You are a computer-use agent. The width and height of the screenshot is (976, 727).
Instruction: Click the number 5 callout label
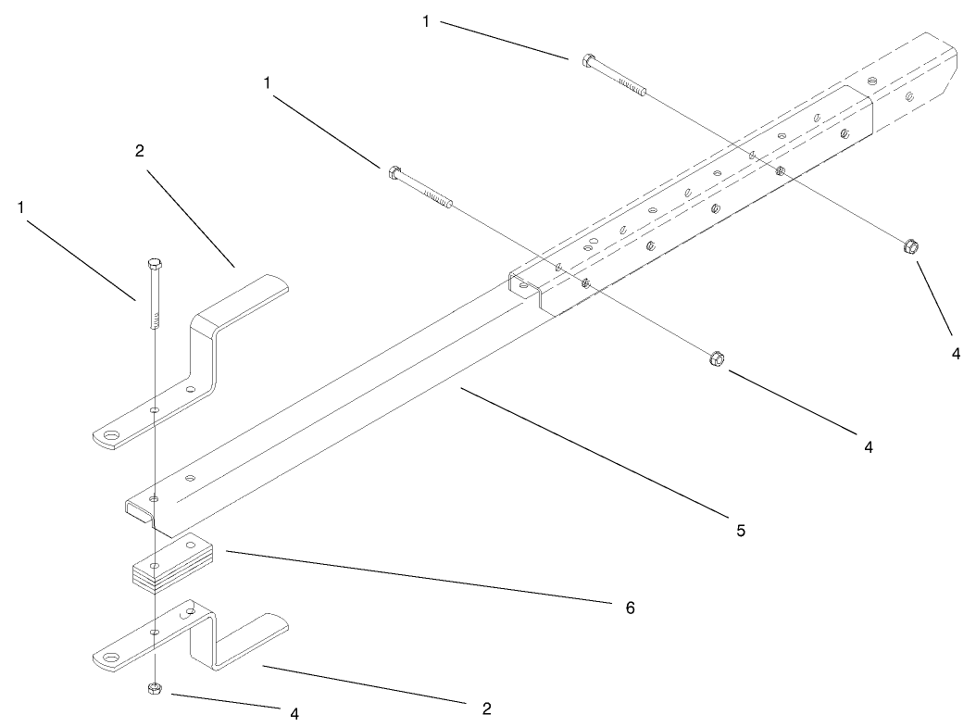(x=740, y=531)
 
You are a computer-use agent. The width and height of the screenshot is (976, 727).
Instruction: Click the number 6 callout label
(x=629, y=608)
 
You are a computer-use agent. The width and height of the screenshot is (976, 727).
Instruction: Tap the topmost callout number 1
(x=426, y=21)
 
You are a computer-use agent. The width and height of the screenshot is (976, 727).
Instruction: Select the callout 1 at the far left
(x=20, y=208)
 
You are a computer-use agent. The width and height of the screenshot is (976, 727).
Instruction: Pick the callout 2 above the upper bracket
(x=140, y=151)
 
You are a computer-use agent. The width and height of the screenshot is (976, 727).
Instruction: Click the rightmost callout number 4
(x=956, y=352)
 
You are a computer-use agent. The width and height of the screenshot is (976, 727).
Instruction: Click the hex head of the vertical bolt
(x=154, y=266)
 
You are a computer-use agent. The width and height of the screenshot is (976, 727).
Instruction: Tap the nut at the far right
(x=911, y=245)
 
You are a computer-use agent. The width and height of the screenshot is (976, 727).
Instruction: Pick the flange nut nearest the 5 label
(x=716, y=357)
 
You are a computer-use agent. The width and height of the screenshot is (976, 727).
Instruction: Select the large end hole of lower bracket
(x=113, y=659)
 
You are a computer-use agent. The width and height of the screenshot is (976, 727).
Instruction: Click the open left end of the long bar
(x=139, y=509)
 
